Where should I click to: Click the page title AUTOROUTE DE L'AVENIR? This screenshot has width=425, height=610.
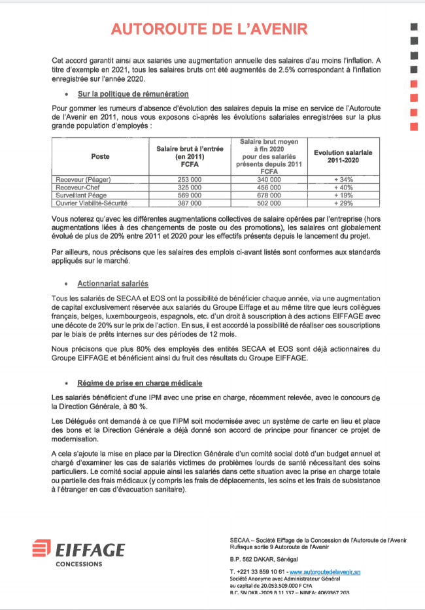pos(209,29)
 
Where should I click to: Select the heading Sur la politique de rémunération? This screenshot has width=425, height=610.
pos(133,95)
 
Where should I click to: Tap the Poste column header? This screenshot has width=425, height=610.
pos(100,156)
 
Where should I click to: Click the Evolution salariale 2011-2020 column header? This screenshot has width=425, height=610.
pos(343,156)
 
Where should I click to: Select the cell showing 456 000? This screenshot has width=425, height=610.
pos(267,187)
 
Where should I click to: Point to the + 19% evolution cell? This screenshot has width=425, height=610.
pos(343,195)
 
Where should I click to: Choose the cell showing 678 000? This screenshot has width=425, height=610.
pos(267,195)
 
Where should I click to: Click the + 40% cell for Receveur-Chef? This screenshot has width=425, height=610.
pos(343,187)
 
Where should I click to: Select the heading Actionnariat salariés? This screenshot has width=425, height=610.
pos(112,283)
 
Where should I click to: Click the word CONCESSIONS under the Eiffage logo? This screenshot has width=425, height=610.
pos(78,564)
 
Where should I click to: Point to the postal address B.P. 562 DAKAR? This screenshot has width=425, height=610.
pos(263,560)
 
